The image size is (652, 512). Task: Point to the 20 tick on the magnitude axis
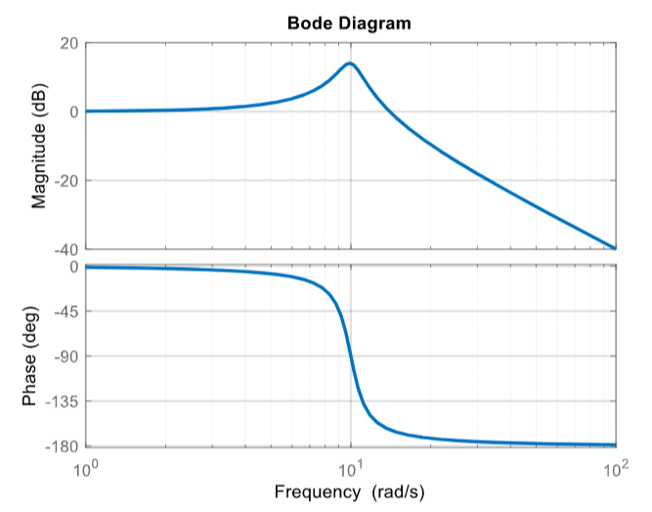click(67, 43)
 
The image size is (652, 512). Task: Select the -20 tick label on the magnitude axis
click(65, 181)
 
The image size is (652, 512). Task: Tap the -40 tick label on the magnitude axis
click(65, 249)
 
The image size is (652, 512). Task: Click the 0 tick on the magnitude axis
click(73, 111)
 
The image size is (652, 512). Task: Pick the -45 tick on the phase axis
click(65, 312)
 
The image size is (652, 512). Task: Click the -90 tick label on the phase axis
click(65, 357)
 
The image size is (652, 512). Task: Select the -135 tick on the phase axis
click(61, 402)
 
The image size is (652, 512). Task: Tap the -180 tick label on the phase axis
click(61, 447)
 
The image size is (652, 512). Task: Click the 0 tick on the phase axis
click(73, 267)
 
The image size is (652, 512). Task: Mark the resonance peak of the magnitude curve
click(349, 64)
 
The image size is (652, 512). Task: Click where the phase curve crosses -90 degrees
click(351, 357)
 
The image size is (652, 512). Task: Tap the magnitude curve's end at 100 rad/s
click(615, 248)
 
